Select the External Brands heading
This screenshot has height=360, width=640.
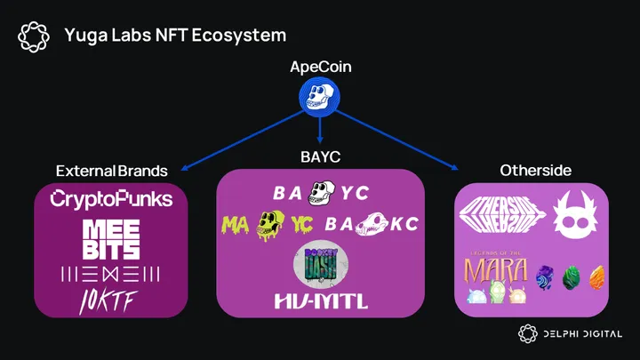tap(111, 170)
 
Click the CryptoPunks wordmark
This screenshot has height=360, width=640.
tap(111, 198)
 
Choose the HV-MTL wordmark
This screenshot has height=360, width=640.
tap(320, 301)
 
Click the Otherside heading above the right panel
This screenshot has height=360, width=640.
tap(530, 170)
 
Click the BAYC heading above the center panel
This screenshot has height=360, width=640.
tap(320, 156)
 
